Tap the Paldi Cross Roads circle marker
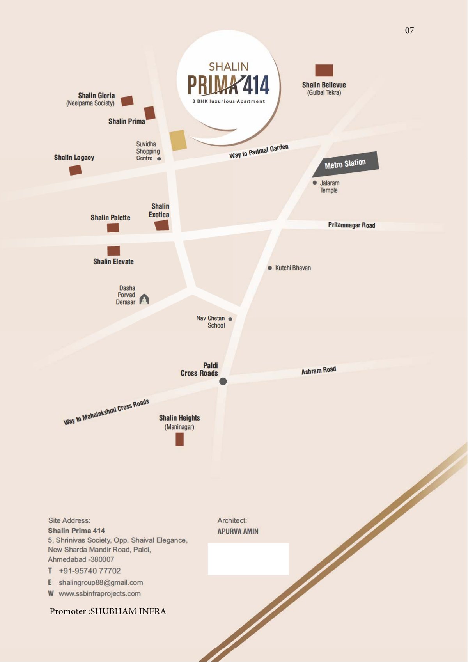(223, 381)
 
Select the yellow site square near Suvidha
(178, 140)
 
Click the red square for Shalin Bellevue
(324, 71)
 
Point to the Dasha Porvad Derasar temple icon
(144, 299)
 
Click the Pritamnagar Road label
(351, 225)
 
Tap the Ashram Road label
(318, 371)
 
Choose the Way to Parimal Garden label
(259, 151)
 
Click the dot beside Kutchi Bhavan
(270, 268)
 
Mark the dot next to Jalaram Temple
(315, 183)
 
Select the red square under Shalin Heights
(179, 439)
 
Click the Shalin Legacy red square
(75, 170)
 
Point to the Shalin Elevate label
(113, 261)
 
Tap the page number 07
(409, 30)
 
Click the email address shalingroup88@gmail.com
(101, 582)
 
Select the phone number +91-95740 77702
(90, 571)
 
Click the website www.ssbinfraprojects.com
(99, 593)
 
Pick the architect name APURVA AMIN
(238, 531)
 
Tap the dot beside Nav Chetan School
(230, 319)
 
